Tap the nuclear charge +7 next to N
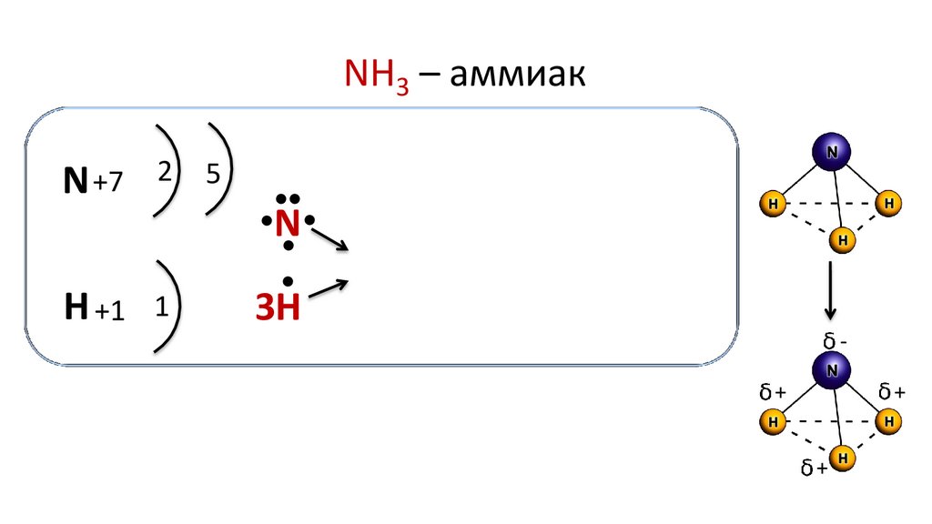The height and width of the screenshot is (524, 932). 106,183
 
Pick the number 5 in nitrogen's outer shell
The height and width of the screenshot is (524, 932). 212,174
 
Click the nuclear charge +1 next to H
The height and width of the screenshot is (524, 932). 107,311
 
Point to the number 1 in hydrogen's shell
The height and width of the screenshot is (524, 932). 161,307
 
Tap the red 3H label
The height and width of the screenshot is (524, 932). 277,309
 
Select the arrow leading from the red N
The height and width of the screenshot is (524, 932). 329,239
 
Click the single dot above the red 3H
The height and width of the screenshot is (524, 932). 288,280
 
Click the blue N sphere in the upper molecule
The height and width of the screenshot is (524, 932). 831,153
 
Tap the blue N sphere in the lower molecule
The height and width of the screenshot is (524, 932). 831,369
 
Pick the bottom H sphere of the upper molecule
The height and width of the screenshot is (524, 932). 843,240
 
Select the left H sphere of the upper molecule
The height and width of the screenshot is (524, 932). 772,204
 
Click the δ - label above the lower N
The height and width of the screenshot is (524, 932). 836,341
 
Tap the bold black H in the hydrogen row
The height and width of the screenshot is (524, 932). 76,308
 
